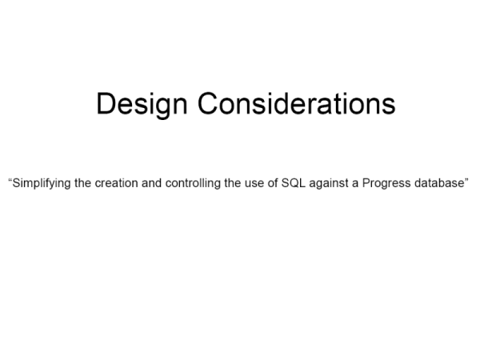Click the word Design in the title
(x=142, y=104)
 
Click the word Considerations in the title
(x=296, y=103)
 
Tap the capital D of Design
(x=106, y=103)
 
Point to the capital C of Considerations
(x=208, y=103)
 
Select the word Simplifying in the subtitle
(x=42, y=183)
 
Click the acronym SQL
(x=293, y=183)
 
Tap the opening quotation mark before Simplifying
(x=10, y=180)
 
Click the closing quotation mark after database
(x=466, y=180)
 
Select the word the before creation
(x=82, y=182)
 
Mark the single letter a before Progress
(x=355, y=184)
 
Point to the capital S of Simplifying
(x=16, y=183)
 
